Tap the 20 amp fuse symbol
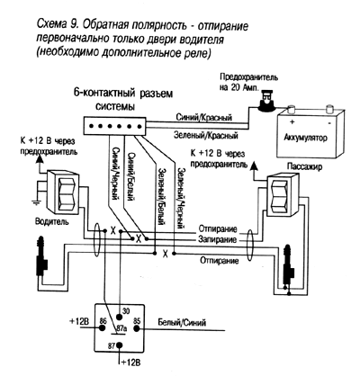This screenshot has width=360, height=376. tap(268, 104)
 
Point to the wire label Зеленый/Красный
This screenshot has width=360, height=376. tap(211, 136)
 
